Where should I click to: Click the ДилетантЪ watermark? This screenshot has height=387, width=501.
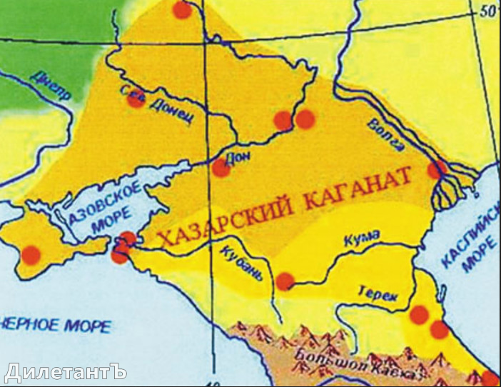pyautogui.click(x=65, y=372)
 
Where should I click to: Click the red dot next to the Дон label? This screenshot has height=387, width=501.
pyautogui.click(x=221, y=169)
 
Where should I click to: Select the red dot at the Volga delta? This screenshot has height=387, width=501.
pyautogui.click(x=436, y=170)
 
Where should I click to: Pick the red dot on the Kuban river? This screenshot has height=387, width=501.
pyautogui.click(x=285, y=281)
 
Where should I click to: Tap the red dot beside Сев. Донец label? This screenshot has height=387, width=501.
pyautogui.click(x=136, y=100)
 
